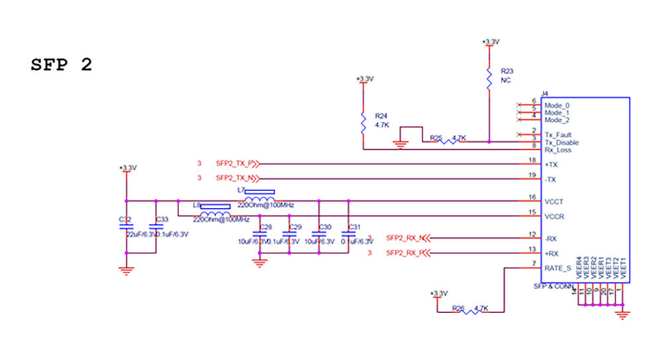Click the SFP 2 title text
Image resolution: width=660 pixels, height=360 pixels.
(61, 65)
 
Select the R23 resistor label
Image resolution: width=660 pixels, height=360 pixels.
(507, 70)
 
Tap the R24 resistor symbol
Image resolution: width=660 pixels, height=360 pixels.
(363, 123)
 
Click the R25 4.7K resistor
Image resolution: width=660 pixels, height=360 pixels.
(448, 140)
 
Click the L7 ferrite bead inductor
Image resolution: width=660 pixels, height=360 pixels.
(259, 200)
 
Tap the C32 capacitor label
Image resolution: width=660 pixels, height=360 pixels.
(124, 219)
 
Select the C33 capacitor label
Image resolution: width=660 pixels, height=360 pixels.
(161, 219)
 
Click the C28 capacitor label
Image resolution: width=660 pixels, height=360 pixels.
(265, 227)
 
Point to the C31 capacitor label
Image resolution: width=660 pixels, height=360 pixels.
(354, 227)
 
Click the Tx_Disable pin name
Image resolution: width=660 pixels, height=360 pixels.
(561, 143)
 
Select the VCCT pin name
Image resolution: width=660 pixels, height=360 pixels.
(555, 201)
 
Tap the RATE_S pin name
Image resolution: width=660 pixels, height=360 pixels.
(557, 269)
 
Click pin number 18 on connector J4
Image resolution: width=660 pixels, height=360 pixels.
(532, 160)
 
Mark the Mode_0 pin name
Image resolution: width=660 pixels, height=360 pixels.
(557, 105)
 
